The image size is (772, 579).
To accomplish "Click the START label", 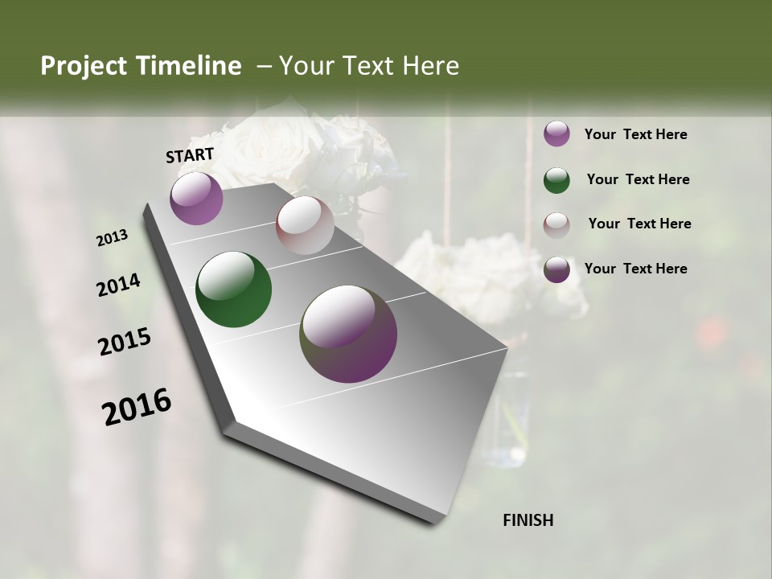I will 190,155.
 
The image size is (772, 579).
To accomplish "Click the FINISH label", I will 528,520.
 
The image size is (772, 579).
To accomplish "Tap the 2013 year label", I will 113,238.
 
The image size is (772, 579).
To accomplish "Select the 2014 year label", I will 118,285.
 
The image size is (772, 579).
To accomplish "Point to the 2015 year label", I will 125,342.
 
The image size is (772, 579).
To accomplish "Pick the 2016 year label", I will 137,407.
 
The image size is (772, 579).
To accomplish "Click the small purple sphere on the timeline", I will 196,198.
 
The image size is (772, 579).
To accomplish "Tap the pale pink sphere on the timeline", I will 305,225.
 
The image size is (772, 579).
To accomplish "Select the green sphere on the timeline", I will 233,289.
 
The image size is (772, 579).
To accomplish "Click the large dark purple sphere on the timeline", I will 348,334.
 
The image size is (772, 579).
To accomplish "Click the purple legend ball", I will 556,134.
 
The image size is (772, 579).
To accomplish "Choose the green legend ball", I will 556,180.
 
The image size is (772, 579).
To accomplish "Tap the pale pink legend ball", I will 556,224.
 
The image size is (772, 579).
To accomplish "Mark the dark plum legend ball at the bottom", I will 556,269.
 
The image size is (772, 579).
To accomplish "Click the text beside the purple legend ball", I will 635,135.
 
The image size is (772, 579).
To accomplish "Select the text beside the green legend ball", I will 638,180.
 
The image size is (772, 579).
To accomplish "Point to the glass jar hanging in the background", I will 505,418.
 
